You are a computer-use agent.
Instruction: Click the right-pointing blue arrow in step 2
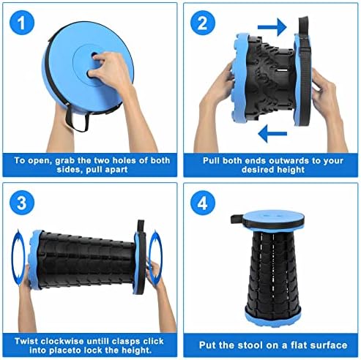[272, 26]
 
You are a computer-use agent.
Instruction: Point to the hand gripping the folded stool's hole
[108, 70]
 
